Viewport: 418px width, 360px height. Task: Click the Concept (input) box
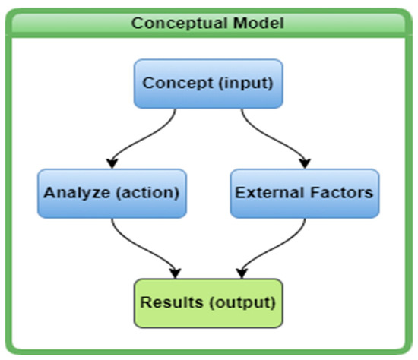point(208,83)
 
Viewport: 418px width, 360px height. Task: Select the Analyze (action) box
point(111,192)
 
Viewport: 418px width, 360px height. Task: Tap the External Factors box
point(304,192)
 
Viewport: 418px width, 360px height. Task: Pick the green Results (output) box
point(208,302)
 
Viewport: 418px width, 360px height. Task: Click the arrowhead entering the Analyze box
point(112,163)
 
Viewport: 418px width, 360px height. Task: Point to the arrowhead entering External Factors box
point(305,163)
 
